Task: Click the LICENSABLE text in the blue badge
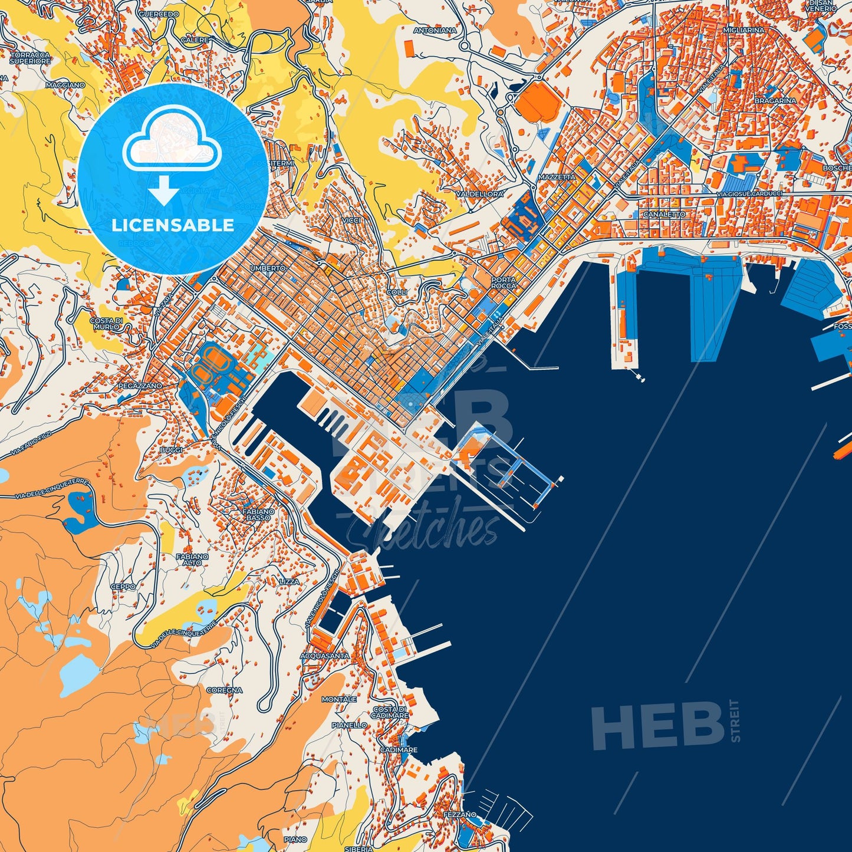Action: click(173, 225)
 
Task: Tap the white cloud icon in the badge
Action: click(172, 140)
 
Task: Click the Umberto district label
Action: click(268, 268)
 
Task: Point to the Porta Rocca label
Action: click(504, 282)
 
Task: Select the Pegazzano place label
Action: click(140, 386)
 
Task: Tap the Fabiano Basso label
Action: click(258, 515)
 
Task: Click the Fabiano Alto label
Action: click(192, 559)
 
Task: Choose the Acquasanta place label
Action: click(324, 656)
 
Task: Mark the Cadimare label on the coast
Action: click(399, 750)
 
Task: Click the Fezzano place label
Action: click(459, 815)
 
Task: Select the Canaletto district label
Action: click(664, 215)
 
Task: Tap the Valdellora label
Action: click(479, 193)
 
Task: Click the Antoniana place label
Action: click(435, 30)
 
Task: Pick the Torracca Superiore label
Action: click(30, 58)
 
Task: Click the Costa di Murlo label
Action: click(106, 323)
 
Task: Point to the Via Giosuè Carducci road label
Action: click(749, 193)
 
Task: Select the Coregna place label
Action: click(224, 690)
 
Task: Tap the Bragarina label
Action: click(775, 101)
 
